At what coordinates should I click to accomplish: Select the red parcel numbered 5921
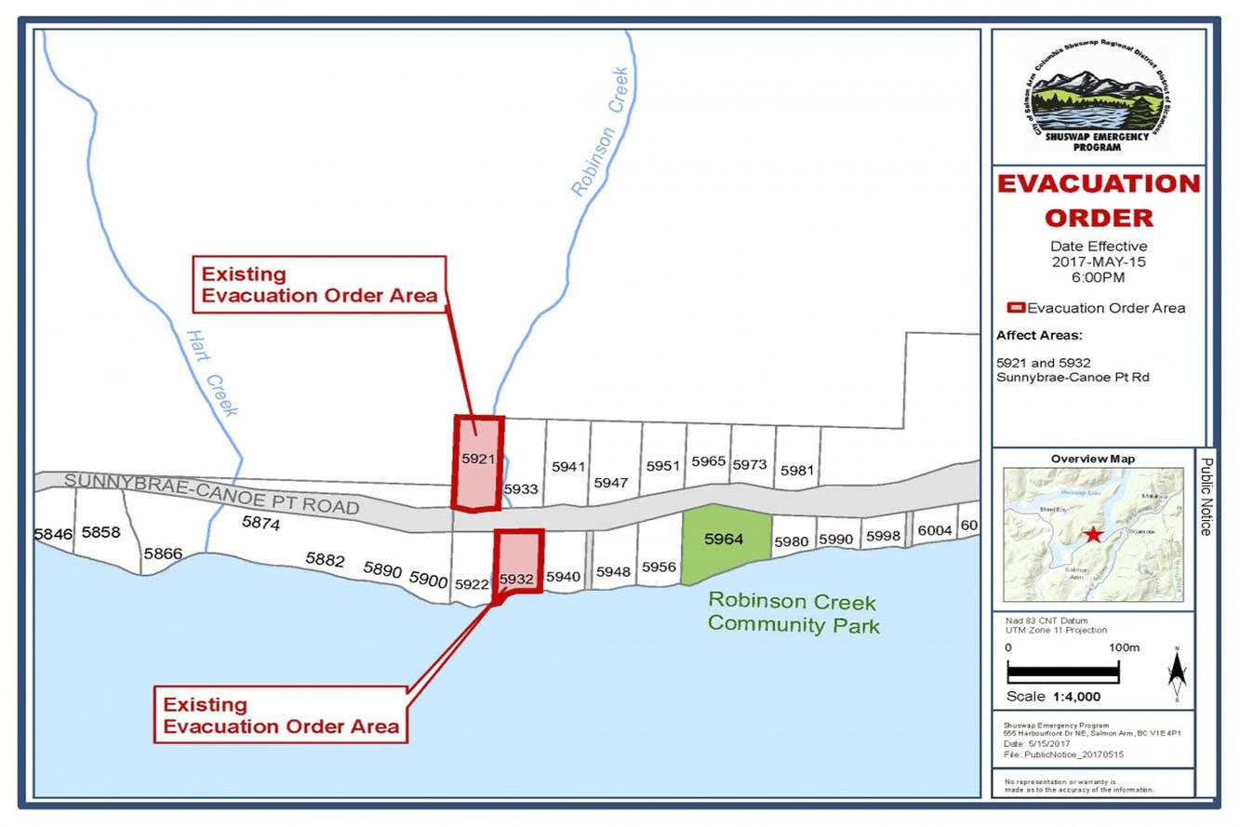tap(476, 460)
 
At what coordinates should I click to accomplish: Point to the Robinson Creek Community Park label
tap(793, 613)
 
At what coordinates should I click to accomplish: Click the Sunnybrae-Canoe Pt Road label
tap(211, 494)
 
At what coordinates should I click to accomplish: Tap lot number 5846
tap(53, 534)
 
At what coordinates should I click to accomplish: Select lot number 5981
tap(797, 471)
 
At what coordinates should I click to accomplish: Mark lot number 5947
tap(611, 483)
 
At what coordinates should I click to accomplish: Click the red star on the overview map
tap(1093, 535)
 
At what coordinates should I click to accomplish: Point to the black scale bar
tap(1063, 670)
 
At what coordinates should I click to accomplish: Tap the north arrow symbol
tap(1176, 670)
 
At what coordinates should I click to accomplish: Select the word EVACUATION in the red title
tap(1099, 183)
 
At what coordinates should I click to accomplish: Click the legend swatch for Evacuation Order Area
tap(1016, 308)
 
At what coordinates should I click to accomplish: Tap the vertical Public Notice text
tap(1206, 496)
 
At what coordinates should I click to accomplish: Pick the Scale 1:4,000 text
tap(1054, 697)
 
